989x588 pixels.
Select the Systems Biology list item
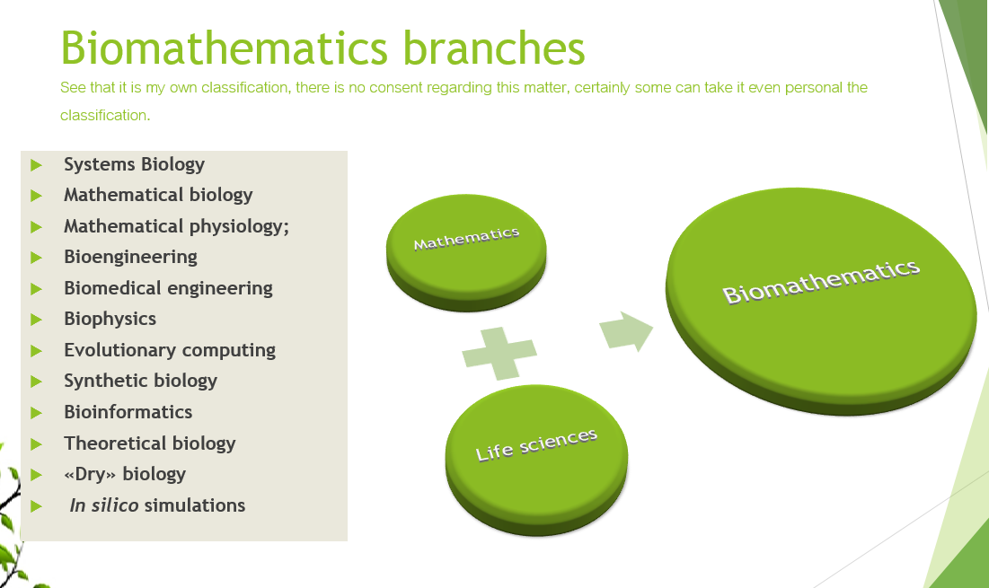pyautogui.click(x=134, y=164)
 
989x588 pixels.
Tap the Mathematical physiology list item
pyautogui.click(x=176, y=226)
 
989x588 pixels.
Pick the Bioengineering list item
pyautogui.click(x=130, y=257)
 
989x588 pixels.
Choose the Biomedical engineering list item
pyautogui.click(x=168, y=288)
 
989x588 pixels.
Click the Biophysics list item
pyautogui.click(x=110, y=319)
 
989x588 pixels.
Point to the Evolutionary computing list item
pyautogui.click(x=169, y=350)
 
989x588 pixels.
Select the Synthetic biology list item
pyautogui.click(x=140, y=381)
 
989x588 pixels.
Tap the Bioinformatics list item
pyautogui.click(x=128, y=412)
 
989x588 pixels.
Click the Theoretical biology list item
pyautogui.click(x=149, y=443)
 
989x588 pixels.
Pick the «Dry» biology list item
pyautogui.click(x=125, y=474)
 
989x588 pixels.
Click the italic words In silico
pyautogui.click(x=104, y=505)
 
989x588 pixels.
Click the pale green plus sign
pyautogui.click(x=499, y=352)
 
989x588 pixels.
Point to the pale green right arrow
pyautogui.click(x=626, y=331)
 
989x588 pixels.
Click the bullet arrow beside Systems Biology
pyautogui.click(x=36, y=165)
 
